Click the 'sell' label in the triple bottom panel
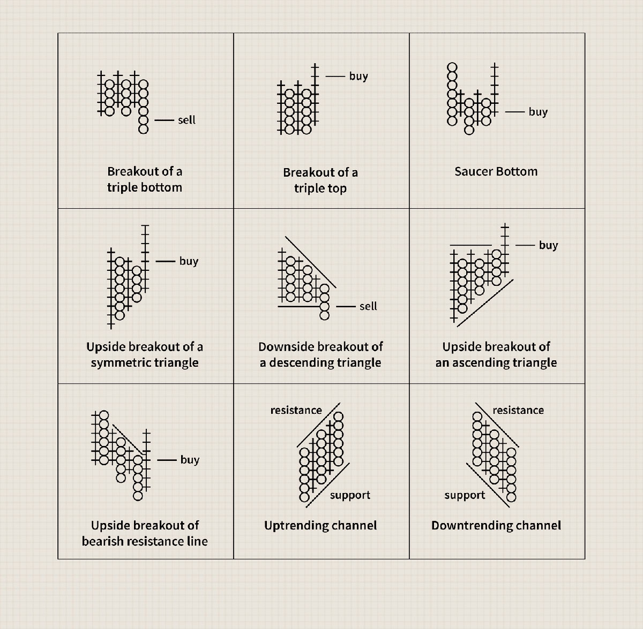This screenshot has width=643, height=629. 186,120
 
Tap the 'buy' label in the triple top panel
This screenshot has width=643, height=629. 358,77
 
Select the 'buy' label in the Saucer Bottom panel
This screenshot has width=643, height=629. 538,112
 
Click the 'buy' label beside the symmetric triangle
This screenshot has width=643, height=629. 189,261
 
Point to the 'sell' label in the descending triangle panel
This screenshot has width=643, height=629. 368,306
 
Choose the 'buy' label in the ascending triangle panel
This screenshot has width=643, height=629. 548,246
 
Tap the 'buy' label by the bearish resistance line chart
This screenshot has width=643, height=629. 190,460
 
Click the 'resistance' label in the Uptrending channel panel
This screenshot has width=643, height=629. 296,410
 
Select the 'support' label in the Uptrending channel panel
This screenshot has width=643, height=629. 350,496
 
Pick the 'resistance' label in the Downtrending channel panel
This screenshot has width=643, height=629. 518,410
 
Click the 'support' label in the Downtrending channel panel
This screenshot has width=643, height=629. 465,496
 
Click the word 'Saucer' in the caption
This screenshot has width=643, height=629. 474,172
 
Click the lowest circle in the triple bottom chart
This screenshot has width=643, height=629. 143,128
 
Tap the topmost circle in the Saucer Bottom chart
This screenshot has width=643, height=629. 452,67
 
